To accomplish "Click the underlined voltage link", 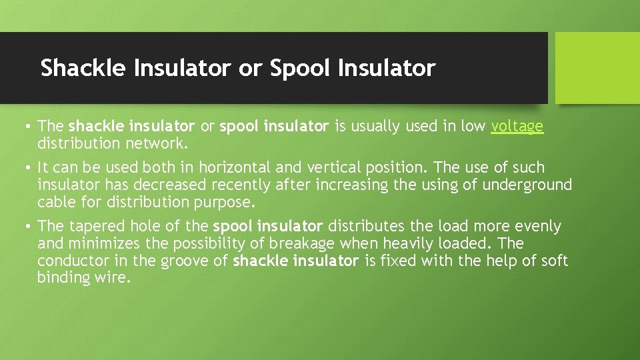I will click(517, 127).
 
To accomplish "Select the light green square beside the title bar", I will click(597, 68).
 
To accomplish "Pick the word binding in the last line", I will click(61, 277).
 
